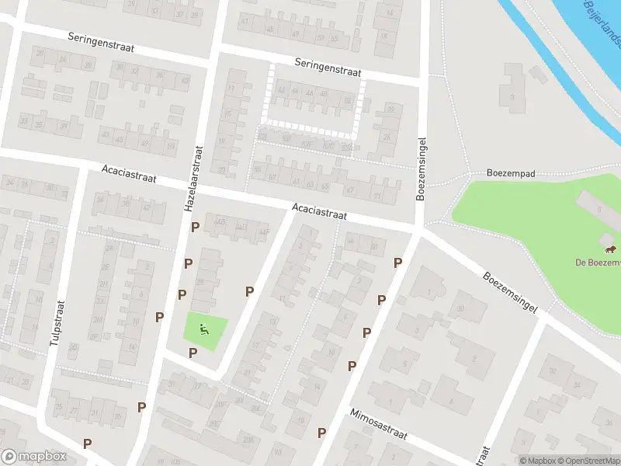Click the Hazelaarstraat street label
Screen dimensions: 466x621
coord(193,179)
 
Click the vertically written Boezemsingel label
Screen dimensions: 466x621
coord(422,170)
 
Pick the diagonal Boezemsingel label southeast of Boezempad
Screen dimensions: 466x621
coord(509,292)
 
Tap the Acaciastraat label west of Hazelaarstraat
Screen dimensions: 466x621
coord(129,173)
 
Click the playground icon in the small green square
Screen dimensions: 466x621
coord(205,329)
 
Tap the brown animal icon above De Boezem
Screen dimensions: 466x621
coord(610,249)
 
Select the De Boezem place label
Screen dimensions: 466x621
coord(598,263)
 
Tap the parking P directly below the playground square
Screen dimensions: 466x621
coord(193,353)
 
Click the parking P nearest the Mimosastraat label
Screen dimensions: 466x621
coord(321,432)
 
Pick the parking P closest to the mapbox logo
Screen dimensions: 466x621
coord(87,443)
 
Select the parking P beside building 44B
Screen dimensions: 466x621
coord(195,227)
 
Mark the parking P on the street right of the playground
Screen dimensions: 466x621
coord(249,291)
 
